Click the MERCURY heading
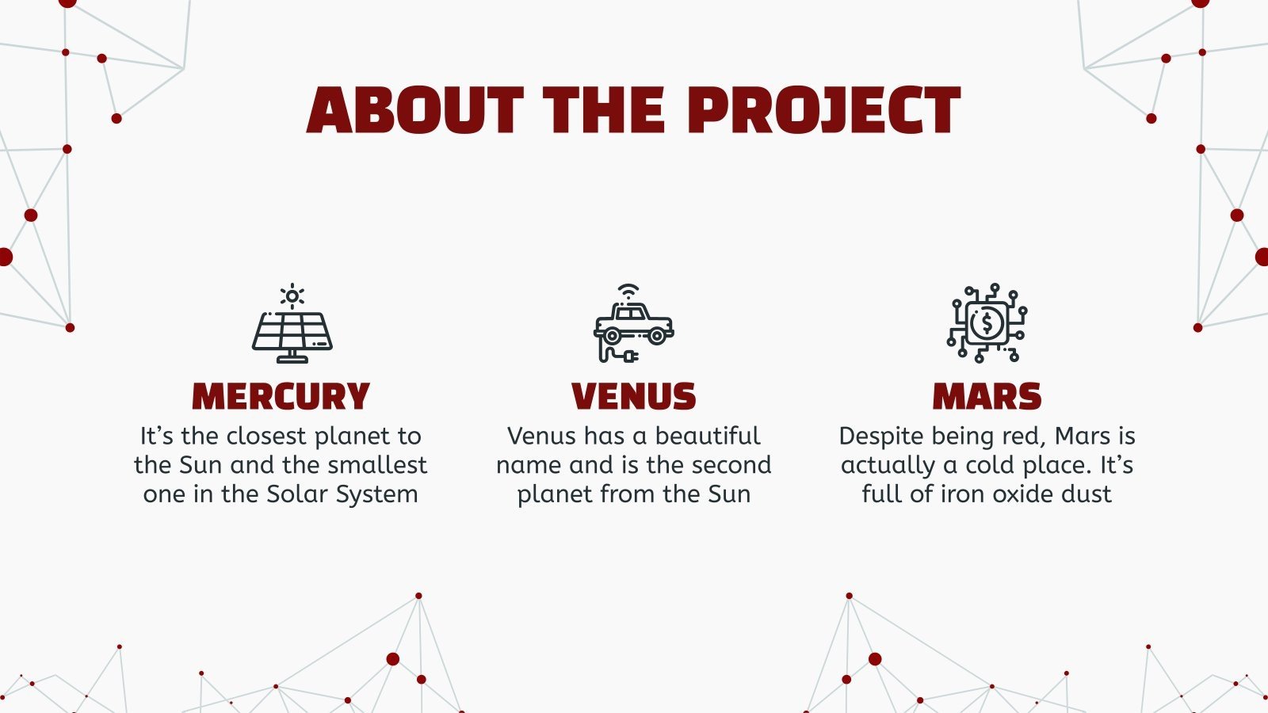point(281,396)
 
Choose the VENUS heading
point(633,396)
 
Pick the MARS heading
point(987,396)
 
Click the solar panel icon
point(292,333)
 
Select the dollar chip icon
point(987,323)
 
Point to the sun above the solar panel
point(292,296)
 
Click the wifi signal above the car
point(628,291)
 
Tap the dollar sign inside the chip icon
point(987,323)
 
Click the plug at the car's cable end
point(630,357)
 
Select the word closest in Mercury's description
point(266,436)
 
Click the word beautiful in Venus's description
point(708,436)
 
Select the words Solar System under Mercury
point(342,494)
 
